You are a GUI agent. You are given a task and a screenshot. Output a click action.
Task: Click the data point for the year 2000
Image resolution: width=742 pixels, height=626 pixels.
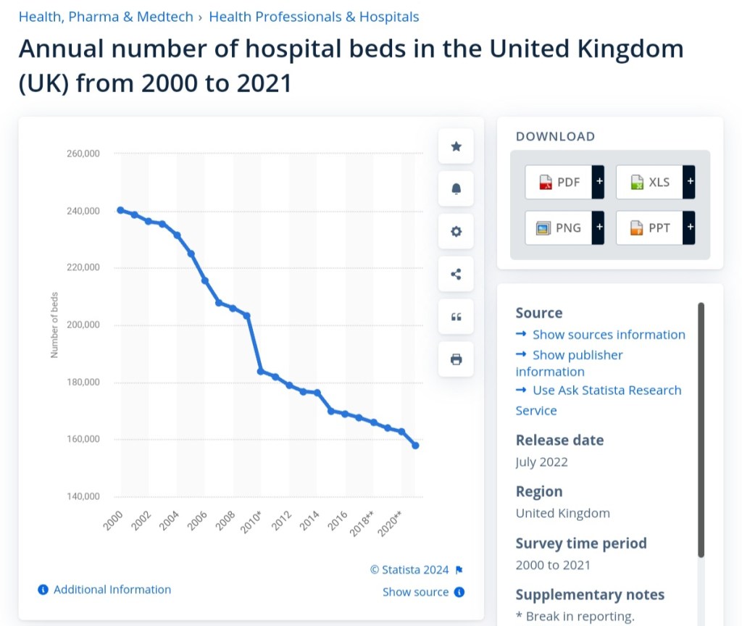click(x=120, y=210)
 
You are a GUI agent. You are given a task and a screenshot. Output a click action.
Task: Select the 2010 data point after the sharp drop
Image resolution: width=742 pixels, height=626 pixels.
click(x=261, y=371)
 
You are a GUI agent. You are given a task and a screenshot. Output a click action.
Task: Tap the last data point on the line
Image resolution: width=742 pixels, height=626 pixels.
click(x=415, y=445)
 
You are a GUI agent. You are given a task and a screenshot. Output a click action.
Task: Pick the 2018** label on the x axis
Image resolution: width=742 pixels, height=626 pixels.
click(x=361, y=524)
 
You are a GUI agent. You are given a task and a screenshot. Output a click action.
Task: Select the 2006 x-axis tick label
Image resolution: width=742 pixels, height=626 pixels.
click(x=197, y=520)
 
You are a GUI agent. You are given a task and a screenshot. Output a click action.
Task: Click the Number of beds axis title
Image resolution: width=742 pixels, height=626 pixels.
click(x=54, y=325)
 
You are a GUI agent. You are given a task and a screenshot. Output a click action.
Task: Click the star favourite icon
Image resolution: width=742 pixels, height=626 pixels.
click(x=456, y=146)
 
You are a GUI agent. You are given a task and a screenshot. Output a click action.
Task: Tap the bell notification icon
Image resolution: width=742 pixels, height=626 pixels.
click(x=456, y=189)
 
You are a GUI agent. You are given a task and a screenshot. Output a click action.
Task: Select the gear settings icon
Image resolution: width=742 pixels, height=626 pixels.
click(x=456, y=232)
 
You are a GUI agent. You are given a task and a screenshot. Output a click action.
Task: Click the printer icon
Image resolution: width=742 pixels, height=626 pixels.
click(x=456, y=359)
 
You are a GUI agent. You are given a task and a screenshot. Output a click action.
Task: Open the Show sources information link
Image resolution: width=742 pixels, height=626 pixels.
click(x=608, y=335)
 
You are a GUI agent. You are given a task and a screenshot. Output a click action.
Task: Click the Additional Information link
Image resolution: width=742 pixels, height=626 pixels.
click(x=112, y=590)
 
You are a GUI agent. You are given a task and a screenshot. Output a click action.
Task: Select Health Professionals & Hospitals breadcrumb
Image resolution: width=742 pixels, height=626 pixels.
click(x=314, y=17)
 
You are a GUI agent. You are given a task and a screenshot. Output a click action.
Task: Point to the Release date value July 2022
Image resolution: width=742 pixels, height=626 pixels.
click(x=541, y=462)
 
